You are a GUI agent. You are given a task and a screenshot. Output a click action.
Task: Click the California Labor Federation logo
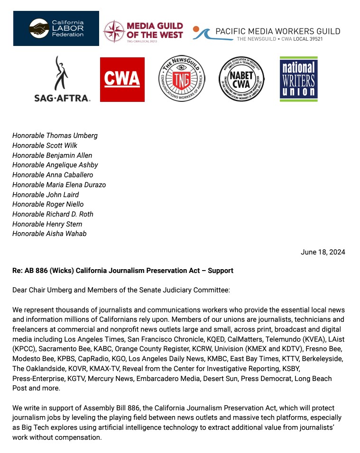pyautogui.click(x=56, y=28)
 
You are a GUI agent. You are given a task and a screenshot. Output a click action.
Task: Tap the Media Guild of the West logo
pyautogui.click(x=143, y=31)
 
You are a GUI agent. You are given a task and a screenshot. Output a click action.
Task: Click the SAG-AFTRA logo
pyautogui.click(x=62, y=79)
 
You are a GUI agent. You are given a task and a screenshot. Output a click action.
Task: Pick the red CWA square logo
pyautogui.click(x=122, y=79)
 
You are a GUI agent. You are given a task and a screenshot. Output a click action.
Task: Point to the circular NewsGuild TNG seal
pyautogui.click(x=181, y=79)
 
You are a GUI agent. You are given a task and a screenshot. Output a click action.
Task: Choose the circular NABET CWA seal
pyautogui.click(x=241, y=79)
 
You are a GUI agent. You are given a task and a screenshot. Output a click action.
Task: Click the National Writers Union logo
pyautogui.click(x=298, y=79)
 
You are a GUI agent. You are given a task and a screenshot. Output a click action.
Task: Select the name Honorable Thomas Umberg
pyautogui.click(x=55, y=136)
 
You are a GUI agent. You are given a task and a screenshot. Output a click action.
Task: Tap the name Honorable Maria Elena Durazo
pyautogui.click(x=59, y=185)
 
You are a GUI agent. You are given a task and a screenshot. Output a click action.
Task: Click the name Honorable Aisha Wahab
pyautogui.click(x=49, y=234)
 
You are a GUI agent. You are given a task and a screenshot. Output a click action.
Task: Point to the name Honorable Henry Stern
pyautogui.click(x=47, y=224)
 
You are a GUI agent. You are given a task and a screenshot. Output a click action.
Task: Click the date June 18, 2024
pyautogui.click(x=323, y=252)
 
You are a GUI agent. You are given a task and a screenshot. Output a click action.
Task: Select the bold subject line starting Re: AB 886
pyautogui.click(x=123, y=271)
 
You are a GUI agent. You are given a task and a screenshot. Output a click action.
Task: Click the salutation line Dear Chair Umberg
pyautogui.click(x=121, y=290)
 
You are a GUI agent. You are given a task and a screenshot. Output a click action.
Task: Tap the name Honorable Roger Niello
pyautogui.click(x=48, y=204)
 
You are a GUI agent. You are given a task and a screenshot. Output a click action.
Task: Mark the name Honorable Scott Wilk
pyautogui.click(x=45, y=145)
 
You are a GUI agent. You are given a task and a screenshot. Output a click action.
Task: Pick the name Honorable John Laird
pyautogui.click(x=46, y=195)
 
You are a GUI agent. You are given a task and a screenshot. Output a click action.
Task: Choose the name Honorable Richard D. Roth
pyautogui.click(x=53, y=214)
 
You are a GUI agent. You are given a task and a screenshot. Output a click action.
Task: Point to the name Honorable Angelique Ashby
pyautogui.click(x=55, y=165)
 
